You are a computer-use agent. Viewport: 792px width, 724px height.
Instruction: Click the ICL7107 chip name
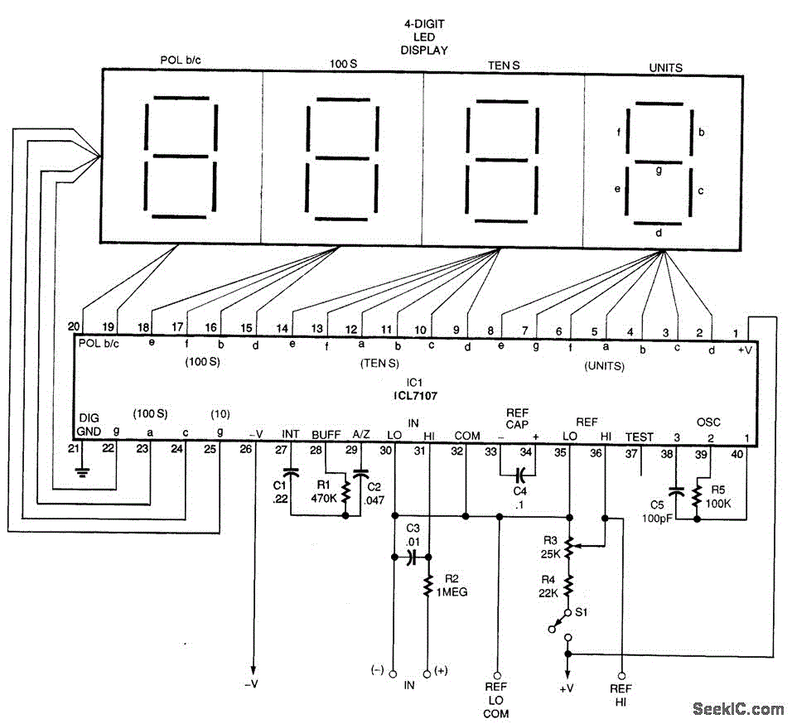pos(415,396)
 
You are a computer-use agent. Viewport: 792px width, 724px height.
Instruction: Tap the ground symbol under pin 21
pos(82,472)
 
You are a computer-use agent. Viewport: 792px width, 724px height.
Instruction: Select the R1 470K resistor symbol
pos(345,492)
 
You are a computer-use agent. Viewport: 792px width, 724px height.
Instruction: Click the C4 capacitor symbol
pos(520,475)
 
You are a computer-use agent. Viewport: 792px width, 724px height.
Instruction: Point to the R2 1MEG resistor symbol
pos(427,586)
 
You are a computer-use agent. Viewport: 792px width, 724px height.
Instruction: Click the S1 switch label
pos(582,612)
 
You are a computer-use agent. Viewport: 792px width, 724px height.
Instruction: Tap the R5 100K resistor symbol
pos(697,497)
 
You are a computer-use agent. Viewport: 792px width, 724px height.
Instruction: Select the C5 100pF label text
pos(657,511)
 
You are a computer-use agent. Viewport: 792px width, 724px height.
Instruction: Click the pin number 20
pos(74,326)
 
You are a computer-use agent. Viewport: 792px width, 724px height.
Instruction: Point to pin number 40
pos(737,454)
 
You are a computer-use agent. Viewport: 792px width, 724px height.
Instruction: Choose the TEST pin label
pos(640,437)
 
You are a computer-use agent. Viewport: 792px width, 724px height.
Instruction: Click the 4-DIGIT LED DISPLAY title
pos(424,36)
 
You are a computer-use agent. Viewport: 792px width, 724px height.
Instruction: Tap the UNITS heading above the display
pos(666,68)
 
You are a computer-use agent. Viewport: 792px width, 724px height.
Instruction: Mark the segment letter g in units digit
pos(659,171)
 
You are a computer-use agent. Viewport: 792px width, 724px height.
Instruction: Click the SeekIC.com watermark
pos(738,709)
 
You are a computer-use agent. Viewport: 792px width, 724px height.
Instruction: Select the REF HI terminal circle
pos(622,675)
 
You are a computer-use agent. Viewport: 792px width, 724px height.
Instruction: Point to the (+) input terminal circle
pos(427,674)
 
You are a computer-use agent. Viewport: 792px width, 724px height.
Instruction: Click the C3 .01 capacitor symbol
pos(413,557)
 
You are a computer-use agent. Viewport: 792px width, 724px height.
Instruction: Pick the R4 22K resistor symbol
pos(569,586)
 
